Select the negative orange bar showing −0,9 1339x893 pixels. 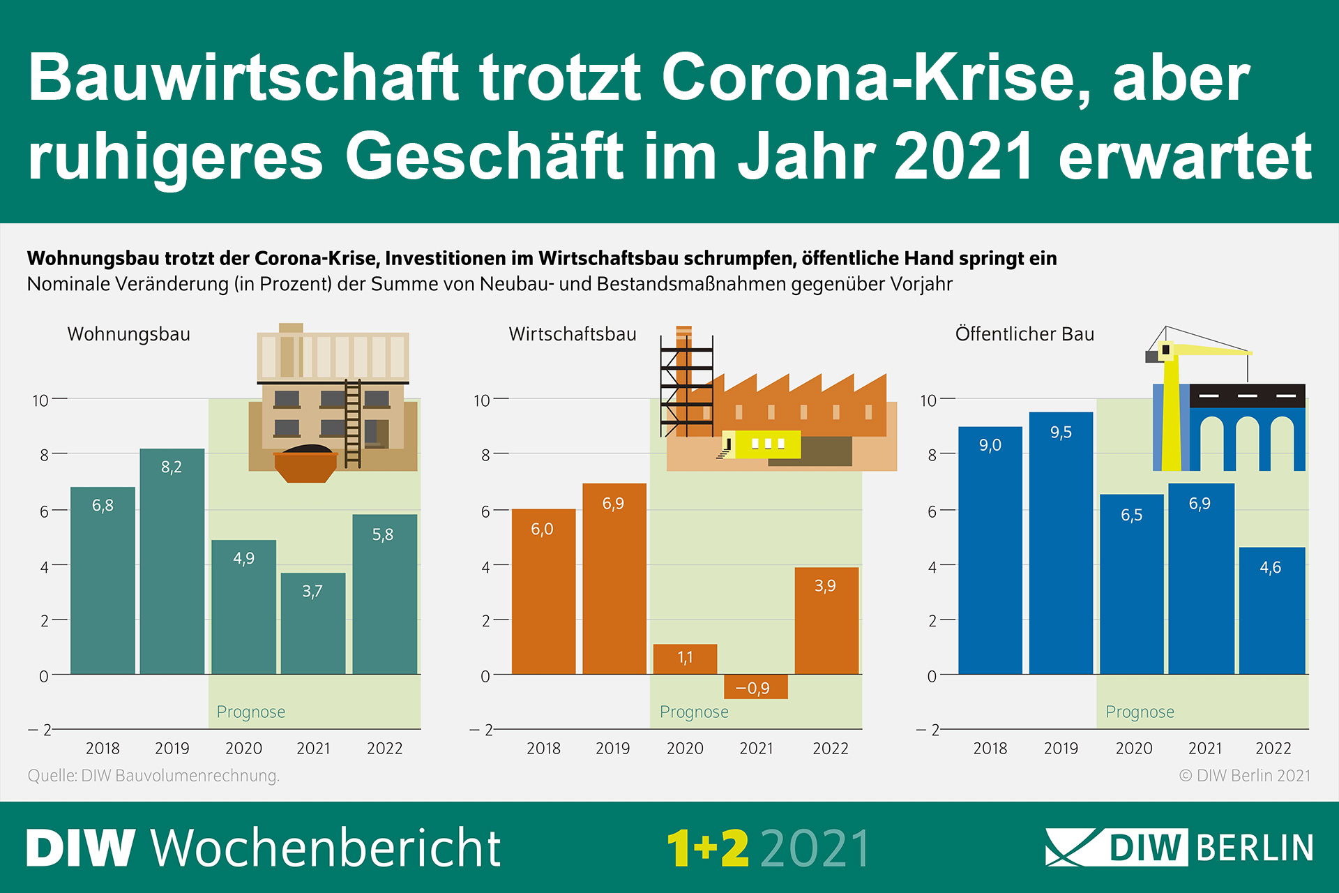tap(756, 686)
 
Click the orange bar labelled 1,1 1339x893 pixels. tap(685, 659)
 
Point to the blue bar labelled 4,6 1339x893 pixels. tap(1271, 610)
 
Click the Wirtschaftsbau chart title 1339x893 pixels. tap(572, 334)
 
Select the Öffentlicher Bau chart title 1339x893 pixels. tap(1024, 334)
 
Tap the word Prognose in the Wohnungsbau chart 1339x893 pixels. tap(251, 712)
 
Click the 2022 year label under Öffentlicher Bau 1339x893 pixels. tap(1273, 748)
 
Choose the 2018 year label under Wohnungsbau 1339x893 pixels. tap(103, 748)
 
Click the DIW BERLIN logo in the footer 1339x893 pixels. tap(1179, 848)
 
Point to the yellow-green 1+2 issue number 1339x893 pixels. tap(707, 848)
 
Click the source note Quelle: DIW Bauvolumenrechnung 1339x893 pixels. tap(153, 775)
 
